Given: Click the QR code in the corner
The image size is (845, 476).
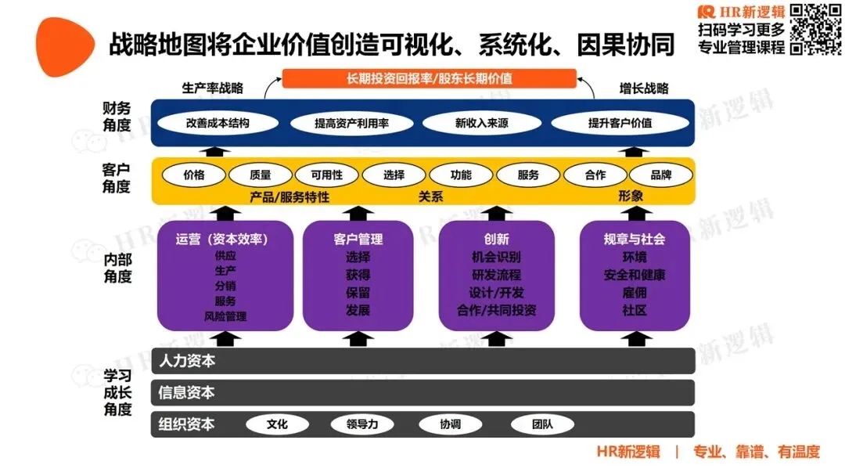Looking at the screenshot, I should pyautogui.click(x=816, y=29).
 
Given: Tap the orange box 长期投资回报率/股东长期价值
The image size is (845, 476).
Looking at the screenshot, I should pyautogui.click(x=429, y=78).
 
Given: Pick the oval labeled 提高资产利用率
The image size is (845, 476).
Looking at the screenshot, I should pyautogui.click(x=352, y=123).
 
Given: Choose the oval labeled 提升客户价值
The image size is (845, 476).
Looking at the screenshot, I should pyautogui.click(x=620, y=123).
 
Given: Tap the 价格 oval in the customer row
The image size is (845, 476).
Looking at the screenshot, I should pyautogui.click(x=193, y=175).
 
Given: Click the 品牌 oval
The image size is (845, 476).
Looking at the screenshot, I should pyautogui.click(x=661, y=175).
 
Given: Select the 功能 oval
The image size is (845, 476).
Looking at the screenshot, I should pyautogui.click(x=461, y=175).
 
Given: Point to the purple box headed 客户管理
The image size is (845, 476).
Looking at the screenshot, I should pyautogui.click(x=358, y=276).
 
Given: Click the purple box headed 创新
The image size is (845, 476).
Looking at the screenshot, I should pyautogui.click(x=497, y=276).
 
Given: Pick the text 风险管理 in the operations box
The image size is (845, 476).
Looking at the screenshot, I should pyautogui.click(x=225, y=317).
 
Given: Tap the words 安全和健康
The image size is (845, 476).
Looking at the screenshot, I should pyautogui.click(x=635, y=275).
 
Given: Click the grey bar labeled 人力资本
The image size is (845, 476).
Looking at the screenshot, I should pyautogui.click(x=422, y=361).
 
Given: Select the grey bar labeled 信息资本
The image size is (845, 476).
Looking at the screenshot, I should pyautogui.click(x=422, y=392).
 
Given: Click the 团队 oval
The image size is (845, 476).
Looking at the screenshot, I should pyautogui.click(x=542, y=424).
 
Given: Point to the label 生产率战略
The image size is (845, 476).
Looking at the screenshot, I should pyautogui.click(x=212, y=88).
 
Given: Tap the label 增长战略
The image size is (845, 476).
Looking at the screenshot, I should pyautogui.click(x=644, y=88).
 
